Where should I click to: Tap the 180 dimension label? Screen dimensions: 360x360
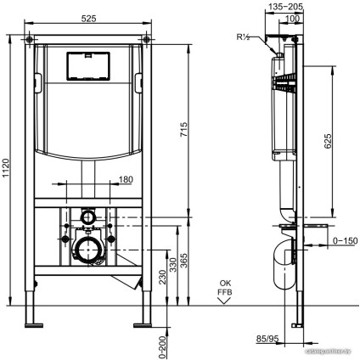(x=125, y=178)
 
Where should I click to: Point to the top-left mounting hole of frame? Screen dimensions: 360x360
(x=30, y=39)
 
